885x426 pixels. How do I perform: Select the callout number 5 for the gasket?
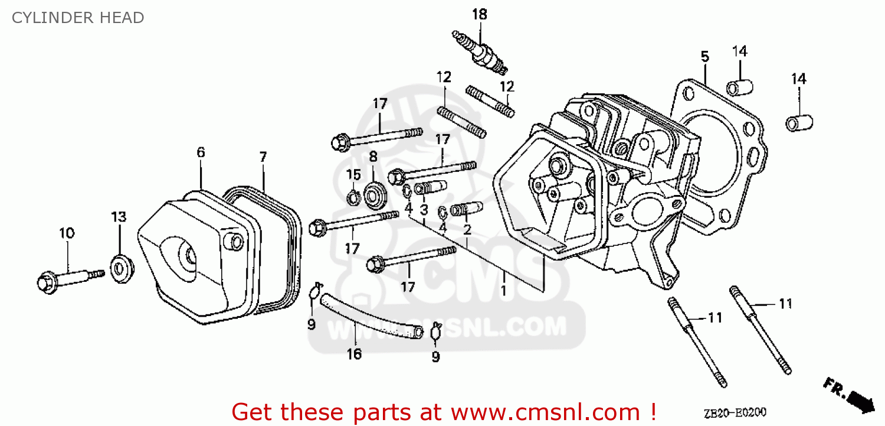click(704, 57)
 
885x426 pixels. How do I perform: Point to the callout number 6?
click(201, 152)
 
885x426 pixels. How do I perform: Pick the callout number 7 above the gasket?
click(263, 157)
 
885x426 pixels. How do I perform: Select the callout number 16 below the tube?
click(354, 354)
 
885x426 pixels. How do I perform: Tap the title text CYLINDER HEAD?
click(77, 18)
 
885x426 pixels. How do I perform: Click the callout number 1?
click(503, 291)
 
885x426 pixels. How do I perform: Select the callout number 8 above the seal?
click(373, 157)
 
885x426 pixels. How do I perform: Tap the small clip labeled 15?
click(353, 197)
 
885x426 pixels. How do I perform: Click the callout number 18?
click(480, 14)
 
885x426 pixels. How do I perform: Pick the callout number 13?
click(119, 217)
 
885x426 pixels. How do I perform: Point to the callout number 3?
click(424, 209)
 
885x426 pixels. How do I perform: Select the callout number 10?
click(67, 233)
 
